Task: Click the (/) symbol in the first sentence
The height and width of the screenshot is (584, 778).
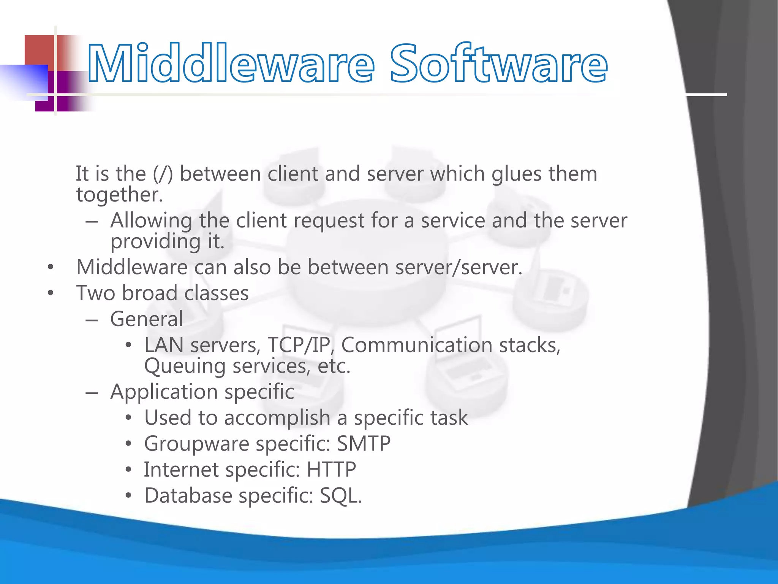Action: click(163, 174)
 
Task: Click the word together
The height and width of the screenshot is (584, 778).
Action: click(119, 195)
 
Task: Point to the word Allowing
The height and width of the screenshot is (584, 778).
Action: click(151, 221)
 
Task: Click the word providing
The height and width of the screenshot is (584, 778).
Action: click(155, 242)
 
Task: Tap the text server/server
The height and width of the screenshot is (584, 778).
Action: click(459, 267)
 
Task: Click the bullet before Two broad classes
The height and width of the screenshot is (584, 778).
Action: click(51, 294)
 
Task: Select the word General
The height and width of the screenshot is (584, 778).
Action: click(147, 319)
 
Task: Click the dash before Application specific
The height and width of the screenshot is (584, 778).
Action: click(92, 392)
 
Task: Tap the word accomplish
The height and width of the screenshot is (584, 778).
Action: click(277, 418)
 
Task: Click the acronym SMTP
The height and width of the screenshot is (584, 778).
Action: click(364, 444)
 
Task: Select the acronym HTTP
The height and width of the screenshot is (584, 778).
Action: click(331, 470)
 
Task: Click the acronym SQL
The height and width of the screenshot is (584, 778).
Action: click(340, 496)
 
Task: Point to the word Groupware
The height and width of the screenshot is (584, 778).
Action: click(196, 444)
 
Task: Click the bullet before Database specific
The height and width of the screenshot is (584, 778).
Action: click(128, 496)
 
